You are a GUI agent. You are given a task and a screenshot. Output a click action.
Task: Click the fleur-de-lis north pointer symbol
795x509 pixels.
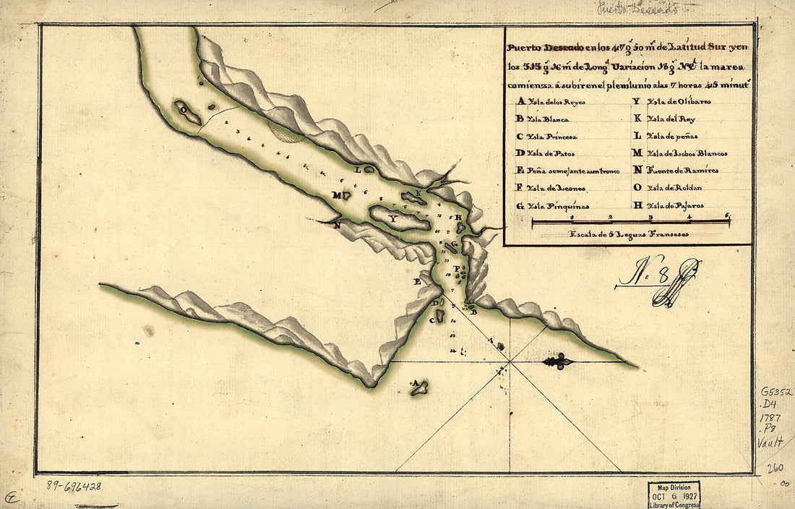tap(558, 362)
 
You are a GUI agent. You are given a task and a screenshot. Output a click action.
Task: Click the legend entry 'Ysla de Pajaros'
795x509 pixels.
tap(673, 205)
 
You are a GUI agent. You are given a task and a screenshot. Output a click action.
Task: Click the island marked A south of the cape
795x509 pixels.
tap(419, 389)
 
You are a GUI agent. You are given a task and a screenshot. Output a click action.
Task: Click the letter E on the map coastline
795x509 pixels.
tap(417, 281)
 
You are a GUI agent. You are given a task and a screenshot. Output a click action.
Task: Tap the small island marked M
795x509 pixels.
tap(345, 194)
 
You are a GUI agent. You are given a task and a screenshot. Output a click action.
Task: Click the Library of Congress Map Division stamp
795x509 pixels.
tap(674, 495)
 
